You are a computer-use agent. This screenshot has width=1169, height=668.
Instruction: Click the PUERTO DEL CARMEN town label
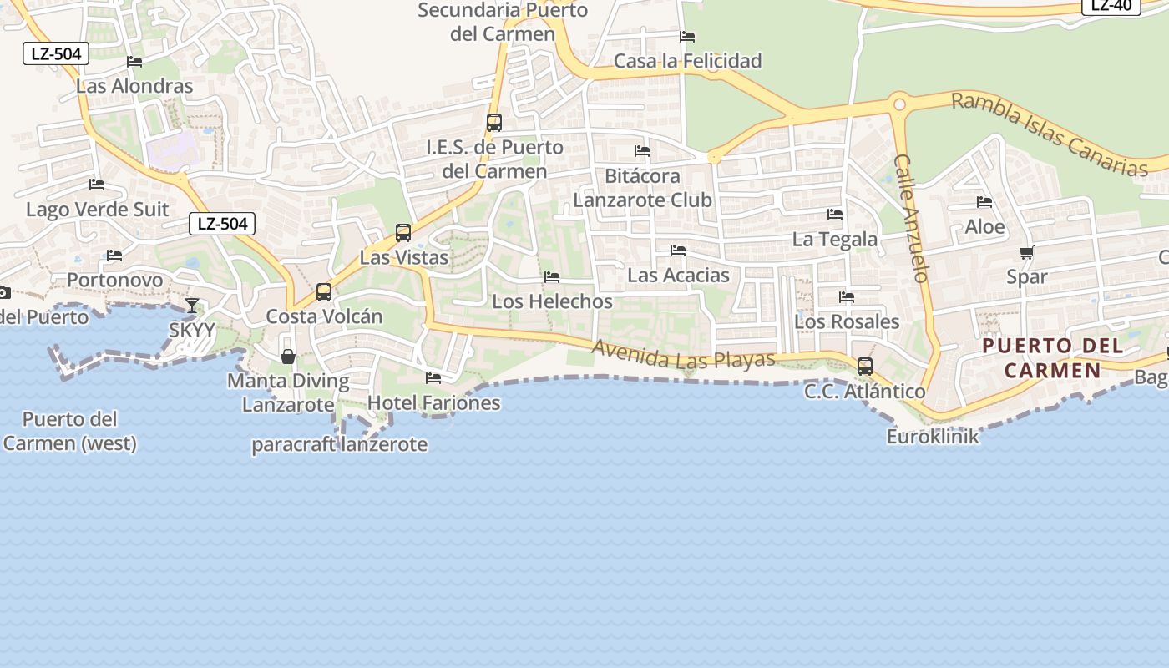[x=1052, y=357]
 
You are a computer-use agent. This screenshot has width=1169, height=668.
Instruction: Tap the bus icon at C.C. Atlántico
[x=865, y=366]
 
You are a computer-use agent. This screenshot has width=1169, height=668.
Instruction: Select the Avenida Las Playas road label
[x=683, y=355]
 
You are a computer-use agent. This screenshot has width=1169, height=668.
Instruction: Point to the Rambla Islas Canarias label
[x=1050, y=134]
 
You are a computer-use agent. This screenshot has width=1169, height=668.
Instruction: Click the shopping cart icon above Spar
[x=1026, y=252]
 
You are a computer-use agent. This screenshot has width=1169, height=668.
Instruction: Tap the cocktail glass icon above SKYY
[x=192, y=305]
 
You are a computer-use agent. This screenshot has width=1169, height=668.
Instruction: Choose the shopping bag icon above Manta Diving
[x=288, y=357]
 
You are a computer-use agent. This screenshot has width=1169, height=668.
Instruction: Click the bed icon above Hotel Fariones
[x=433, y=378]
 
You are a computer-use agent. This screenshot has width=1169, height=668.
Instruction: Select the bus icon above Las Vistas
[x=403, y=232]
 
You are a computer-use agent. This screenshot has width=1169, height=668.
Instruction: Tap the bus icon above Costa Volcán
[x=324, y=292]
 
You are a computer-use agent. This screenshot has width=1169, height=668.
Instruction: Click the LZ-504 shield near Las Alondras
[x=56, y=54]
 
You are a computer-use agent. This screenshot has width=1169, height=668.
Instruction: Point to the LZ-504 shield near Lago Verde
[x=221, y=224]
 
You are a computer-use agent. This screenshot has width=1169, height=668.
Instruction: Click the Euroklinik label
[x=933, y=436]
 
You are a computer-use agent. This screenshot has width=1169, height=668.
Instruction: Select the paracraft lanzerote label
[x=340, y=444]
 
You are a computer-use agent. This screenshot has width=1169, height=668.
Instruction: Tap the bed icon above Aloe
[x=984, y=202]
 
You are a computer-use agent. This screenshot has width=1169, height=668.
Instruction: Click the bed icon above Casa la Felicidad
[x=687, y=37]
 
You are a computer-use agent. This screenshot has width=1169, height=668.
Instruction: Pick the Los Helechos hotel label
[x=552, y=301]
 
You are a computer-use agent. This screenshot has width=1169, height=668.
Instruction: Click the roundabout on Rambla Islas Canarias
[x=899, y=104]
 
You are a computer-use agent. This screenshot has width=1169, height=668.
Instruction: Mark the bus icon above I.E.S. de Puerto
[x=494, y=123]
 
